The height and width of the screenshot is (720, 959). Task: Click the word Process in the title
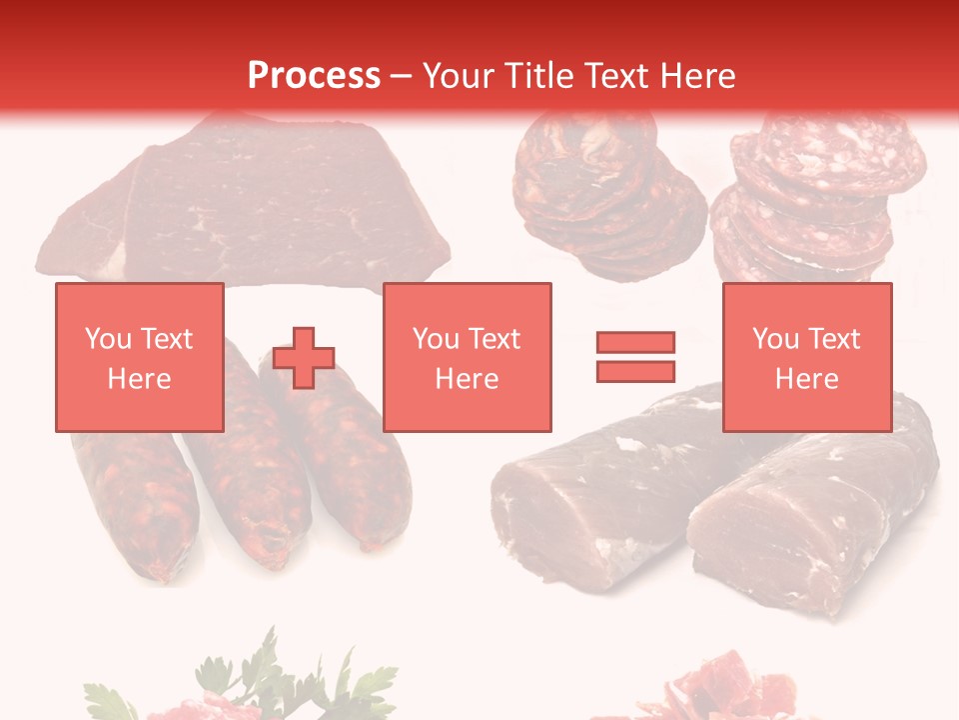tap(314, 76)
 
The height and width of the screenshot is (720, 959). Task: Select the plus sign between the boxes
tap(304, 358)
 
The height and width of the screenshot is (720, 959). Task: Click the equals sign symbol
tap(635, 357)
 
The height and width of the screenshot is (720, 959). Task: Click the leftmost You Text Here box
tap(139, 358)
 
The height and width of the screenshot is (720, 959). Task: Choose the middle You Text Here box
tap(467, 358)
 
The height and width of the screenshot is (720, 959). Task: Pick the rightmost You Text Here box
tap(806, 358)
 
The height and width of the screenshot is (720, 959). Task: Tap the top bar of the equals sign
tap(635, 343)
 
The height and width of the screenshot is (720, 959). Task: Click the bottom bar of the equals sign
tap(635, 371)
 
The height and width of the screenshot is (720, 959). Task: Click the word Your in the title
tap(464, 76)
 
